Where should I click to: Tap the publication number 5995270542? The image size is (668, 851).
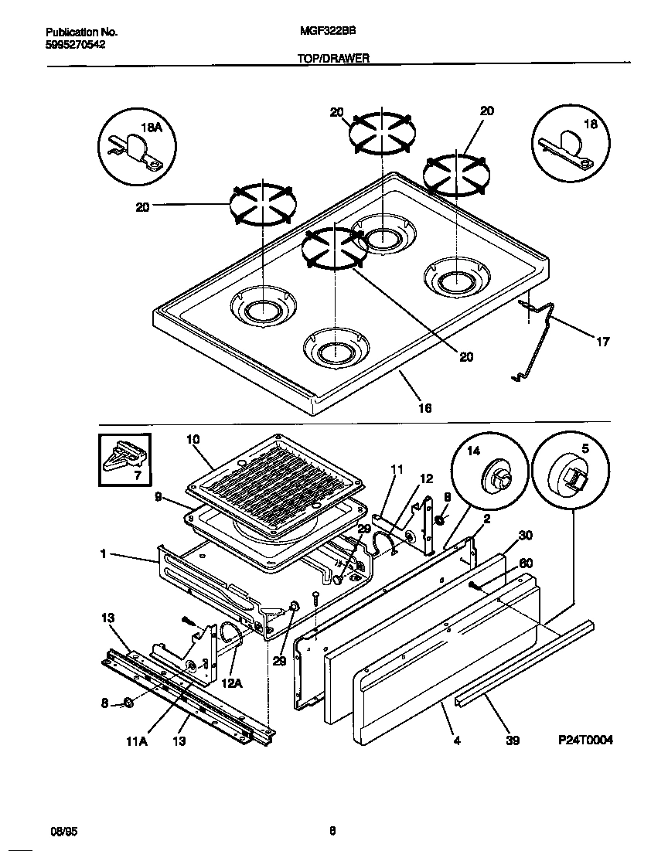click(x=75, y=45)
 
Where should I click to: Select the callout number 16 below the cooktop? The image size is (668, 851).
click(x=424, y=407)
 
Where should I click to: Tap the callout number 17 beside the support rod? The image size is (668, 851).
click(x=602, y=341)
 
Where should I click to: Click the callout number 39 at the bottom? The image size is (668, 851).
click(x=512, y=740)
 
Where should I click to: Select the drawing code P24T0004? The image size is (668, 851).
click(x=585, y=740)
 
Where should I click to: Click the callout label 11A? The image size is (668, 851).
click(x=136, y=740)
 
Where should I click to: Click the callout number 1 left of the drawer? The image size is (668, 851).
click(x=103, y=554)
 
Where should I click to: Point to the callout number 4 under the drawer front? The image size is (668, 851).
click(x=456, y=740)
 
